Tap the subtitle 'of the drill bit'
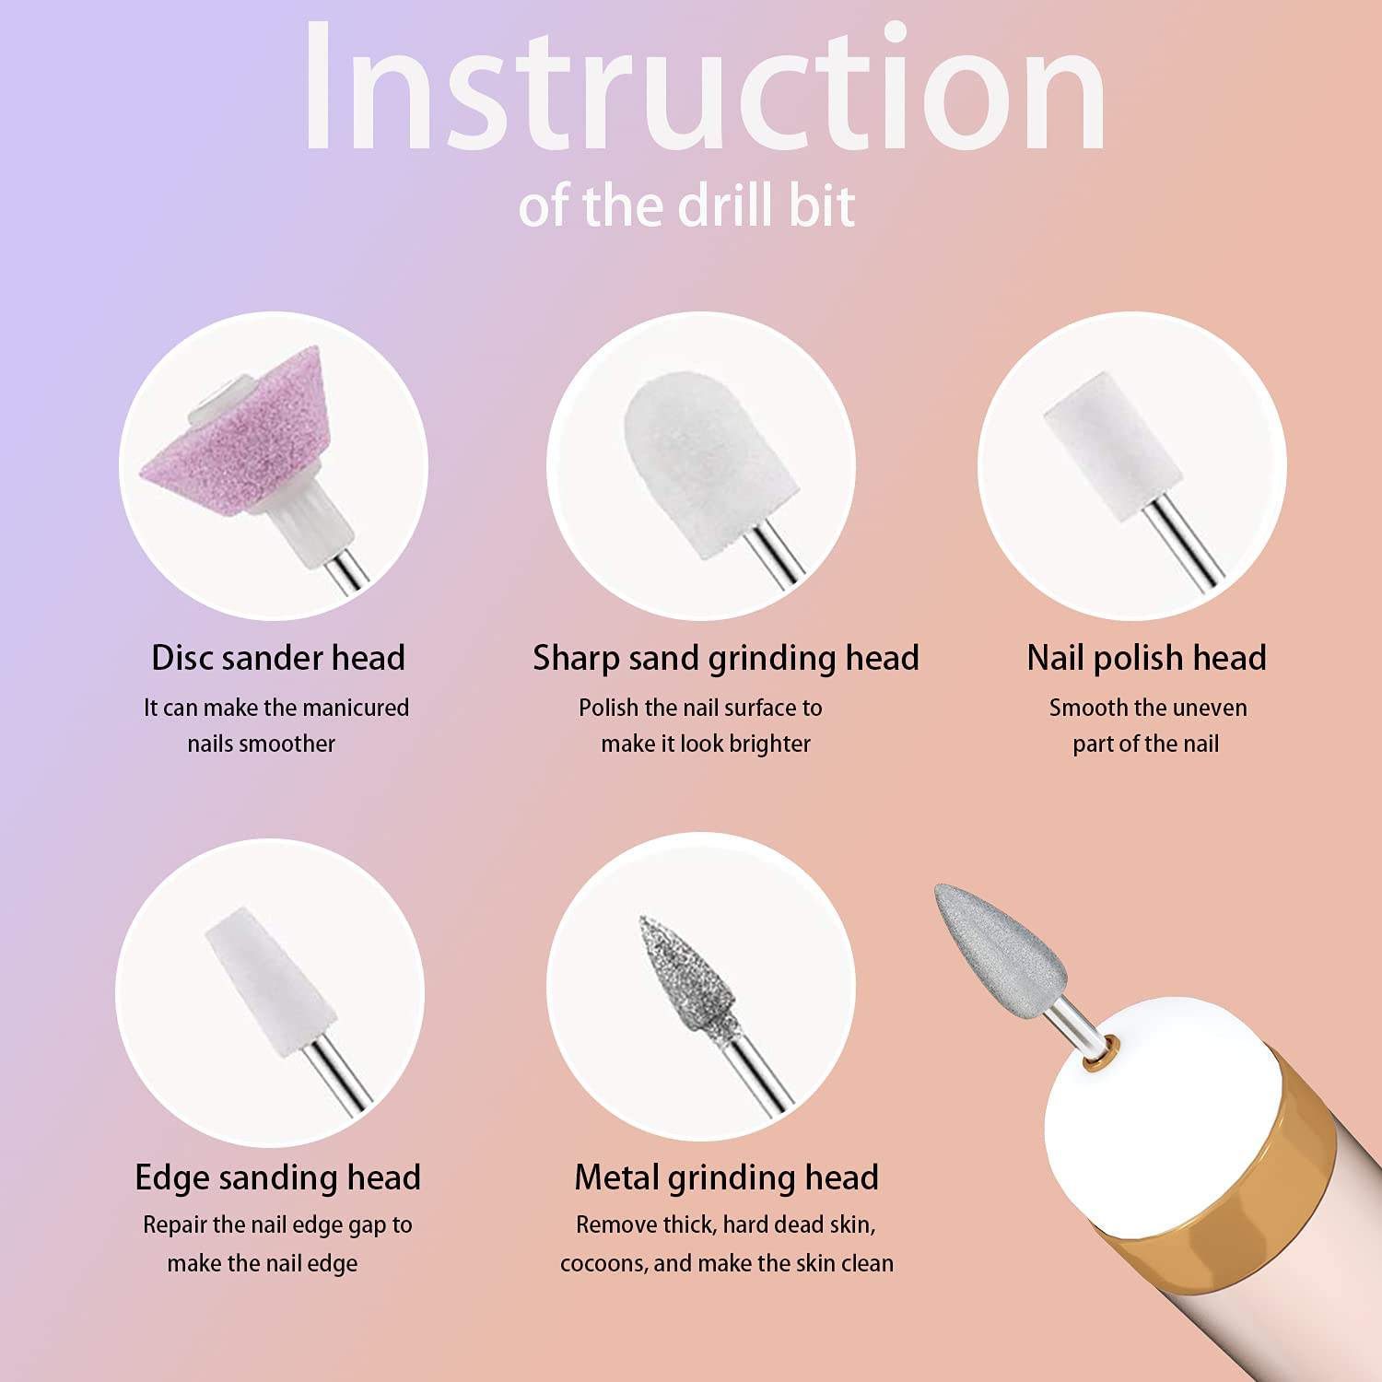click(x=686, y=205)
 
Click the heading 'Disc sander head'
click(x=278, y=658)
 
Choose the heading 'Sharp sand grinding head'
click(x=726, y=658)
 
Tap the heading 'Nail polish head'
click(x=1146, y=658)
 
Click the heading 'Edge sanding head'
click(x=277, y=1177)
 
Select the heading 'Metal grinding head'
click(x=726, y=1177)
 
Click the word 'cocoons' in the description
click(x=603, y=1263)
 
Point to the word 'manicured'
click(x=356, y=708)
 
